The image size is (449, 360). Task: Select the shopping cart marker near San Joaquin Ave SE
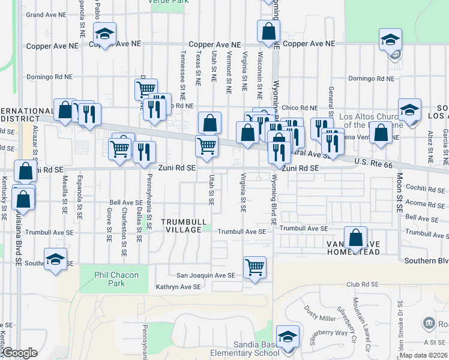(x=255, y=267)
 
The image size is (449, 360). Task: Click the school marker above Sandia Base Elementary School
(x=287, y=337)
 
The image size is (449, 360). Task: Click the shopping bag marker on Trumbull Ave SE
(x=355, y=237)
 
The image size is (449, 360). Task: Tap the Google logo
(x=20, y=353)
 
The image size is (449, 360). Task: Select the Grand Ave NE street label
(x=46, y=14)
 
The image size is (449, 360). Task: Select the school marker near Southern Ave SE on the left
(x=56, y=260)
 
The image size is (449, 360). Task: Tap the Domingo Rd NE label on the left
(x=50, y=77)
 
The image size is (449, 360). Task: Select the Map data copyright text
(x=423, y=355)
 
